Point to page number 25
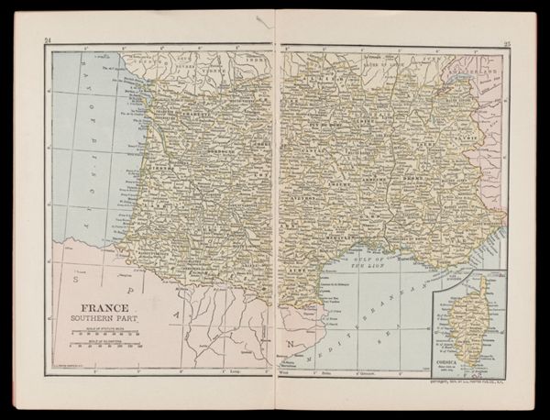tap(506, 39)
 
